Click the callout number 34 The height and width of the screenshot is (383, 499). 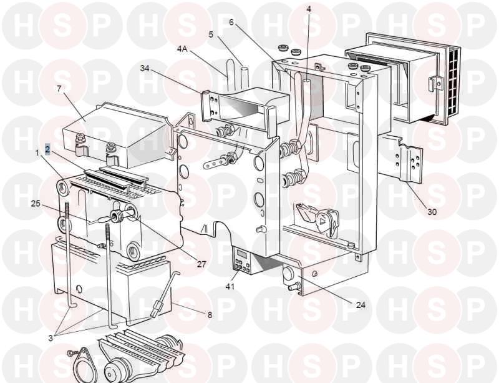pyautogui.click(x=145, y=69)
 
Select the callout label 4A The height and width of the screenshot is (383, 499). pyautogui.click(x=183, y=49)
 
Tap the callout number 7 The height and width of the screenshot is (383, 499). pyautogui.click(x=59, y=89)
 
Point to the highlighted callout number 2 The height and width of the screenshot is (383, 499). pyautogui.click(x=47, y=149)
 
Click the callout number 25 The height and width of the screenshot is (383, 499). pyautogui.click(x=36, y=204)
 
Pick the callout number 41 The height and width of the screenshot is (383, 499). pyautogui.click(x=230, y=286)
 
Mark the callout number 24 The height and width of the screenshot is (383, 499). pyautogui.click(x=361, y=305)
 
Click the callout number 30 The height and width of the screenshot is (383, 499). pyautogui.click(x=432, y=211)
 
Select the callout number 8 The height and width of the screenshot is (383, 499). pyautogui.click(x=210, y=315)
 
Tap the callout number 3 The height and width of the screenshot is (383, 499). pyautogui.click(x=51, y=338)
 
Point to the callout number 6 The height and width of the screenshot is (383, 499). pyautogui.click(x=231, y=22)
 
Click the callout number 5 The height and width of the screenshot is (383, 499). pyautogui.click(x=211, y=34)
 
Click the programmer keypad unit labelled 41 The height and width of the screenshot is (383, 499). pyautogui.click(x=241, y=260)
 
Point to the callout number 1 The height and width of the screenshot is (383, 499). pyautogui.click(x=37, y=154)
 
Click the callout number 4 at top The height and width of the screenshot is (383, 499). pyautogui.click(x=308, y=9)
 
